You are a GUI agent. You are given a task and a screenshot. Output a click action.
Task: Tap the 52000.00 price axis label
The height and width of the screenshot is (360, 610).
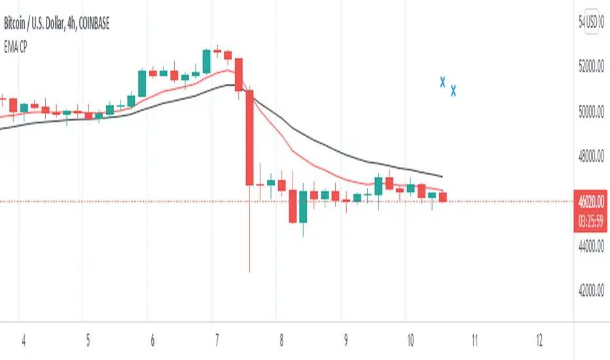click(591, 67)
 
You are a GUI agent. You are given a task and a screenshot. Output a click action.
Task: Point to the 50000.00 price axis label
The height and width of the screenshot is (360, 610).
click(591, 112)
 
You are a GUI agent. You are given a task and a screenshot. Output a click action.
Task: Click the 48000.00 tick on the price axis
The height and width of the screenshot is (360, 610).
click(591, 156)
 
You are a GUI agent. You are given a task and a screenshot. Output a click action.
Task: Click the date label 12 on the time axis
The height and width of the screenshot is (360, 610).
click(539, 341)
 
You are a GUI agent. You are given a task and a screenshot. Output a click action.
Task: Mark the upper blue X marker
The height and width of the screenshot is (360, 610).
click(442, 82)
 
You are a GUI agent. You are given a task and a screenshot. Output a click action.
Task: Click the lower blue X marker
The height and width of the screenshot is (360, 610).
click(453, 90)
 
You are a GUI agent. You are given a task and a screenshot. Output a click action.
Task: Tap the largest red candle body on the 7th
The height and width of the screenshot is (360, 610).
click(249, 137)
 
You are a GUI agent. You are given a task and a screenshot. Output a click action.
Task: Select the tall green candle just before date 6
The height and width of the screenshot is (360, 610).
click(141, 82)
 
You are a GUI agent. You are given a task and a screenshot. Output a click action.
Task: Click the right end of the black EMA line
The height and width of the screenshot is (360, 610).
click(442, 176)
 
